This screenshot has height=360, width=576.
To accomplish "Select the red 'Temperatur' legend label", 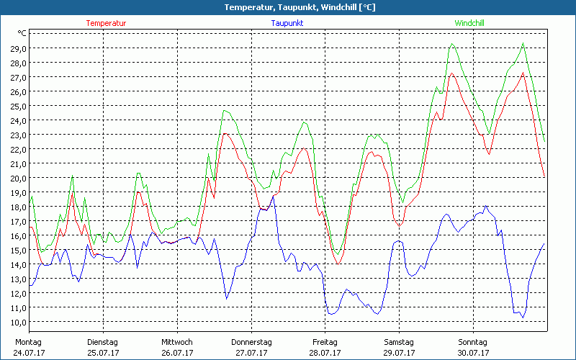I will [106, 23].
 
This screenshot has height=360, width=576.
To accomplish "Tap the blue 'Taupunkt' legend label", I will [287, 23].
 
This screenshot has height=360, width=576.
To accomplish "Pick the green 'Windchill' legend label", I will [469, 23].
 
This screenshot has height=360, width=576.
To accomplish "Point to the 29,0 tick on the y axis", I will [17, 48].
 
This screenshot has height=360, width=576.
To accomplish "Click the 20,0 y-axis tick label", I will [17, 178].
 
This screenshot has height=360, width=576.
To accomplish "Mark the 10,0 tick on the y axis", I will [17, 322].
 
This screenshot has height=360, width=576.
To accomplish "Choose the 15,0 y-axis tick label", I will [17, 250].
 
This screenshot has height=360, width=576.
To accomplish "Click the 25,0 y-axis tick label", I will [17, 106].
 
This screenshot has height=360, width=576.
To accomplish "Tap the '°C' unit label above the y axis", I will [22, 33].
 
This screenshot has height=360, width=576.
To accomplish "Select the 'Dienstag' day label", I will [102, 342].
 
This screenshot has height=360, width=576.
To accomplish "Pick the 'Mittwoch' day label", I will [177, 342].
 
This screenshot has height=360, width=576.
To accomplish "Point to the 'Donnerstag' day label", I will [251, 342].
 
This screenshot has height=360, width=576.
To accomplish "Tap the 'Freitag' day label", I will [325, 342].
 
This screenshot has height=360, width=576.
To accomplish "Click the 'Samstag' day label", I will [398, 342].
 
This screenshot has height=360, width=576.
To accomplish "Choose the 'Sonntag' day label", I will [472, 342].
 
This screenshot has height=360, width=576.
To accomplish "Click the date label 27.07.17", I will [251, 353].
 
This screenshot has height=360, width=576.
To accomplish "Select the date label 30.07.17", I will [472, 353].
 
